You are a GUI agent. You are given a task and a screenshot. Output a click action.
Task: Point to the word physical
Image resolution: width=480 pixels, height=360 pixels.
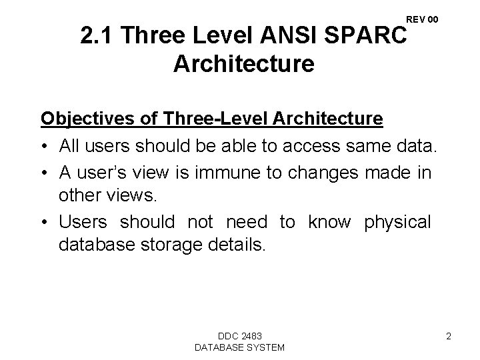[x=398, y=221]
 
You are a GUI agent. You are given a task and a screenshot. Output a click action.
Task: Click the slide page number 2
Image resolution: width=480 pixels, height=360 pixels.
[x=449, y=336]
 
